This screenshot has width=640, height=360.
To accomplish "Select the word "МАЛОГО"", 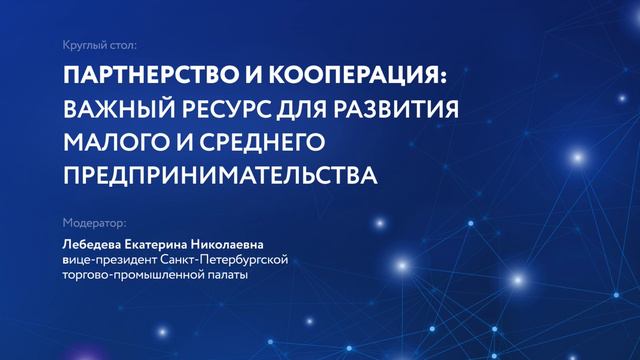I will pyautogui.click(x=109, y=141).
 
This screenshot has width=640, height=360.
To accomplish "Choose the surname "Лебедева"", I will pyautogui.click(x=93, y=242).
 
